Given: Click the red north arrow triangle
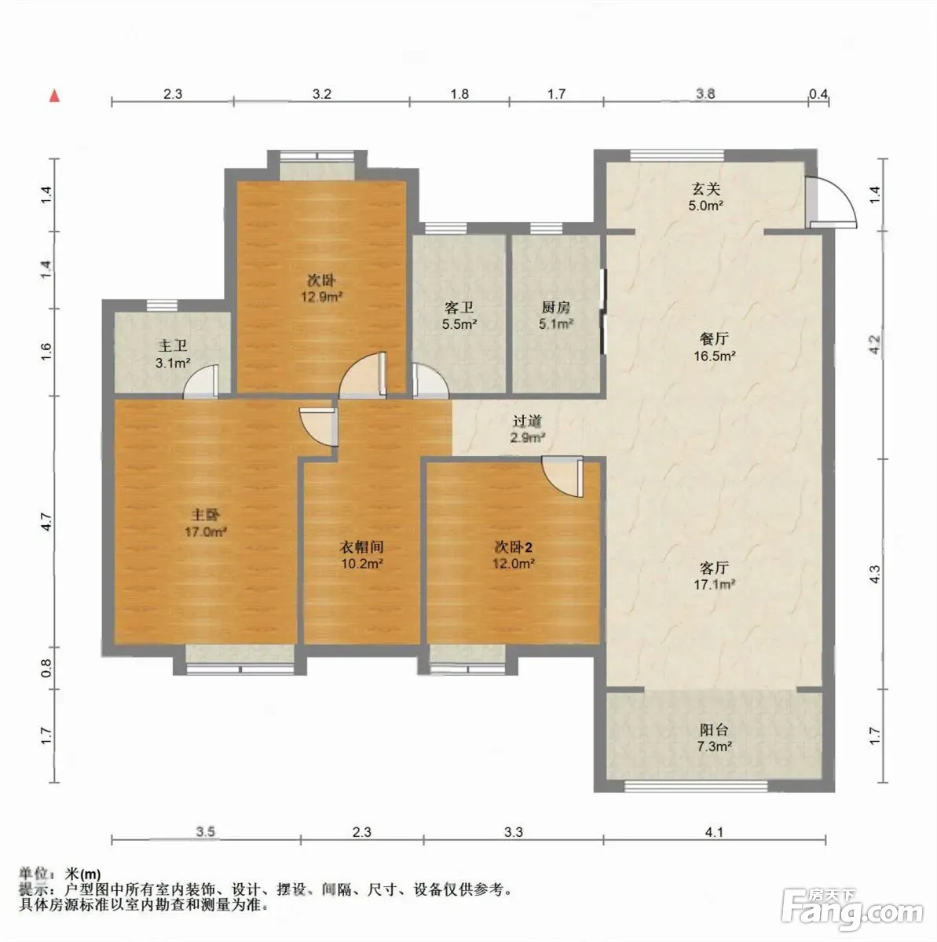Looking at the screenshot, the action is pos(55,96).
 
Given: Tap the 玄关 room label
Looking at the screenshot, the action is pos(705,188).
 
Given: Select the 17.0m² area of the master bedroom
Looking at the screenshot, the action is pos(205,531).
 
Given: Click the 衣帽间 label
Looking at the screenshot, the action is pos(361,546).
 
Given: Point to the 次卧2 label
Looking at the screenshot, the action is pos(512,547).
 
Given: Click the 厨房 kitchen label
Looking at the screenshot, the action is pos(556,308).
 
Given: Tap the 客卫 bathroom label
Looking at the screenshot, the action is pos(459,308).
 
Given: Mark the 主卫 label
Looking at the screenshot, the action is pos(172,346).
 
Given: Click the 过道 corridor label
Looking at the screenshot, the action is pos(528,421).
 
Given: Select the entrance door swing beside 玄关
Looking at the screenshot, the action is pos(832,202).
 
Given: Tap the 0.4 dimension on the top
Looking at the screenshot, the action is pos(818,93).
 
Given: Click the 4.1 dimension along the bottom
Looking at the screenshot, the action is pos(714,831).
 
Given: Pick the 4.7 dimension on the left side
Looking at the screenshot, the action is pos(46,521).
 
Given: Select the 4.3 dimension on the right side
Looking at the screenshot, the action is pos(876,574).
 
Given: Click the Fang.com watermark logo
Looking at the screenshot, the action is pos(852,908).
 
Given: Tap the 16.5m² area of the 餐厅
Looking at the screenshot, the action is pos(715,356).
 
